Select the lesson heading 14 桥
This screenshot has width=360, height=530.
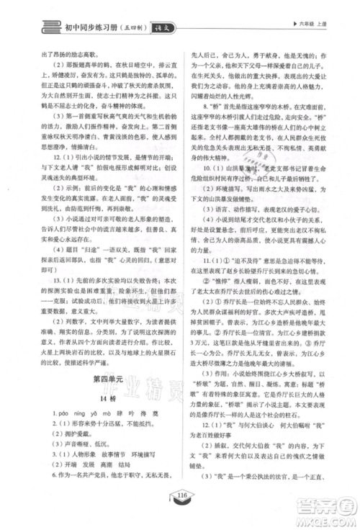coord(108,416)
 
